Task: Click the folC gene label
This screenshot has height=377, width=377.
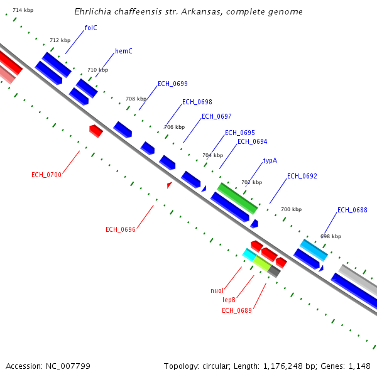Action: point(90,28)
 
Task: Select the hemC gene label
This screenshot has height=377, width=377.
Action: point(124,51)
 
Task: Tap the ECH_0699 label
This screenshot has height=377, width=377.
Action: point(172,84)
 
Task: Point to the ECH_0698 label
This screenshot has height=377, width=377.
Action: point(197,102)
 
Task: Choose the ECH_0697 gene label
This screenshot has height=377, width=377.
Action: point(216,116)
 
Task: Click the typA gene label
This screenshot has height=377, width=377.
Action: point(270,160)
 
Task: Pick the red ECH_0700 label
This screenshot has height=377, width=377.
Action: point(46,175)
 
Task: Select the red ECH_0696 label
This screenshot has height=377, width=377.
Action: point(121,229)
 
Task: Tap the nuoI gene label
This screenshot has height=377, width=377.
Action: point(217,290)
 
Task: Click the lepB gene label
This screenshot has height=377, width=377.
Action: point(229,300)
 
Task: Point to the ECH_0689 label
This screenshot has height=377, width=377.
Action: point(236,310)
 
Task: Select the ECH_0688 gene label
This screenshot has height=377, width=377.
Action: point(352,210)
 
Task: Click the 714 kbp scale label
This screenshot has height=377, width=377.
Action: point(23,11)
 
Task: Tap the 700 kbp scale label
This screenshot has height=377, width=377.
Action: point(291,209)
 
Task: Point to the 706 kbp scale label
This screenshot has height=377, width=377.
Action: point(174,127)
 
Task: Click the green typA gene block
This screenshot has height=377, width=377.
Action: point(237,198)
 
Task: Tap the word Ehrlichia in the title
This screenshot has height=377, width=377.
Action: point(94,12)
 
